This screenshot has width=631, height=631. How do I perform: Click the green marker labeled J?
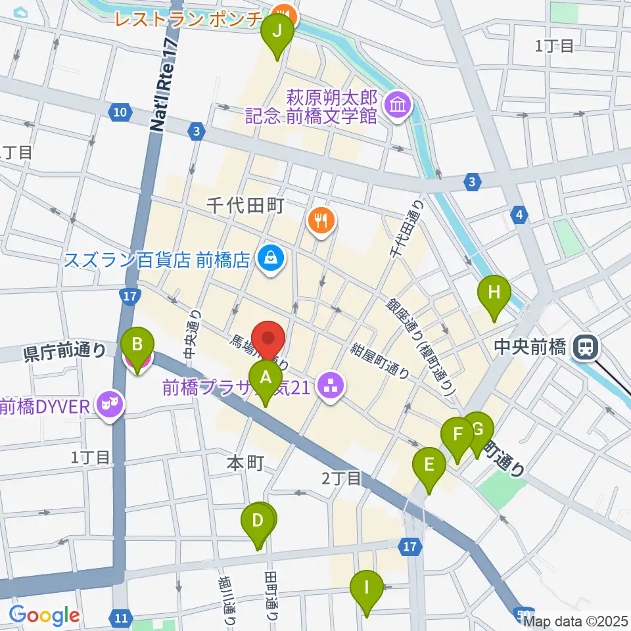click(277, 32)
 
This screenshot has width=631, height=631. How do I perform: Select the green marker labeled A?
click(266, 379)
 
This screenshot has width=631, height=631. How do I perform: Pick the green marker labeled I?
click(367, 587)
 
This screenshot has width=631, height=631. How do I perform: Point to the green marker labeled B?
click(137, 344)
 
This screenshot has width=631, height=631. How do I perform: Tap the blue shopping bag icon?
click(270, 258)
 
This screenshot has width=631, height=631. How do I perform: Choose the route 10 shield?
click(118, 112)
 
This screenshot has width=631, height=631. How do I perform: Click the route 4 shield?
click(520, 214)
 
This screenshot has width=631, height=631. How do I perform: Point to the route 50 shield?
click(520, 613)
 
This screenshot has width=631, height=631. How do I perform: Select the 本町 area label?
click(245, 463)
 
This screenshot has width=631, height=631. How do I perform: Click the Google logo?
click(44, 615)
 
